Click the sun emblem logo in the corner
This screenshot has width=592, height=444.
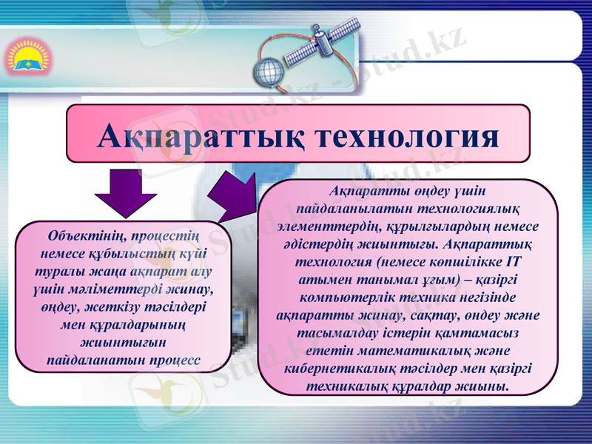tap(27, 58)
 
